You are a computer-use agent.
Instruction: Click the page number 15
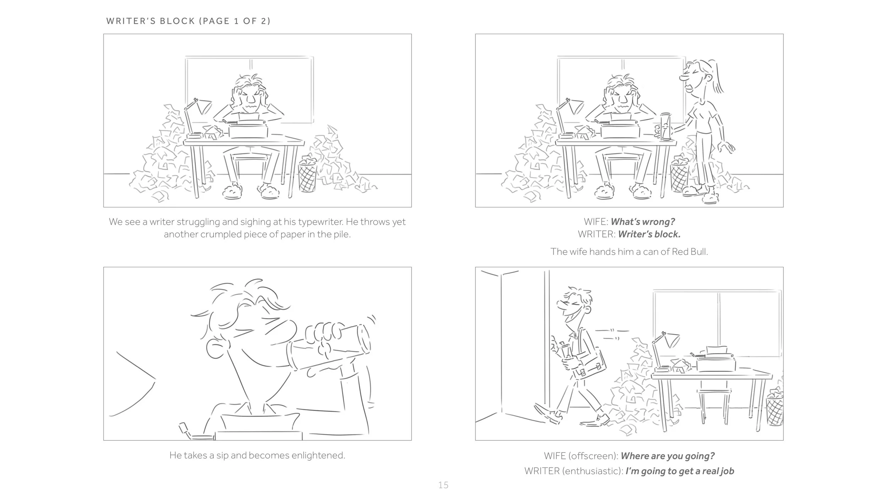(443, 485)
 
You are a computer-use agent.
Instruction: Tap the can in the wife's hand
(666, 126)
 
